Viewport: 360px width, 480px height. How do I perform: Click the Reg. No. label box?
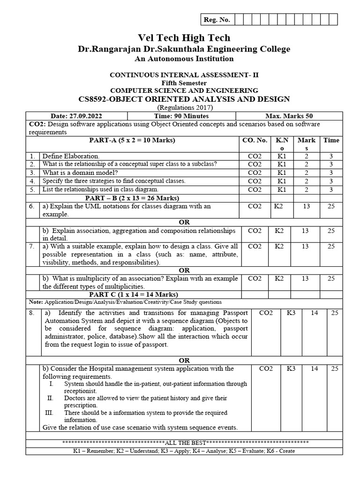[x=216, y=19]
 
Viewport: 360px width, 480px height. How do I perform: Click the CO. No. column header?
[x=255, y=140]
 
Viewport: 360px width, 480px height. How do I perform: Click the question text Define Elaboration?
[x=71, y=156]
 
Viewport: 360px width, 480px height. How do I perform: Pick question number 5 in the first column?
[x=32, y=189]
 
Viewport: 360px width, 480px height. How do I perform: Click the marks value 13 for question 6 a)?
[x=305, y=206]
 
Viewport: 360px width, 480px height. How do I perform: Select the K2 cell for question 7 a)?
[x=279, y=246]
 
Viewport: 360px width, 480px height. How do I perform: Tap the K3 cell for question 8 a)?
[x=291, y=313]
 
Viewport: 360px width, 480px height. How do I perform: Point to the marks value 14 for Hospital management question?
[x=315, y=369]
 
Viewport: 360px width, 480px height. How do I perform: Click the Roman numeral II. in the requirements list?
[x=51, y=398]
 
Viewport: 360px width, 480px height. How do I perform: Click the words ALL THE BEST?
[x=185, y=442]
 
